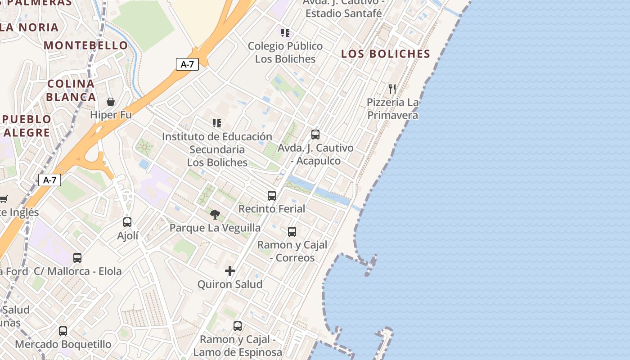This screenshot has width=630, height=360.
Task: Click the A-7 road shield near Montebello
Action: [x=187, y=64]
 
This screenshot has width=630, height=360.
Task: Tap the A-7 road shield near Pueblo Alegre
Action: [x=49, y=180]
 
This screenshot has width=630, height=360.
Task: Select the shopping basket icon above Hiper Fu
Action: [x=111, y=102]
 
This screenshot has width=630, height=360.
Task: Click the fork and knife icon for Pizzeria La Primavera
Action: [x=392, y=89]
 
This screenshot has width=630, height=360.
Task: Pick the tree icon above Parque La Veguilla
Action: [x=215, y=215]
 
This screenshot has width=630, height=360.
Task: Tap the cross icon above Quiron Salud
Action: [x=230, y=271]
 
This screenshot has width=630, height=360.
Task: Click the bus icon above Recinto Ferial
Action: [x=272, y=195]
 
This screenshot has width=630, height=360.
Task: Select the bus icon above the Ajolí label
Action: [x=127, y=222]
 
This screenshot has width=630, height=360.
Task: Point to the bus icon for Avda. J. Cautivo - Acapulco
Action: [x=315, y=134]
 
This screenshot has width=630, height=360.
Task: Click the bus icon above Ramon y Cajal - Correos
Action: [x=292, y=232]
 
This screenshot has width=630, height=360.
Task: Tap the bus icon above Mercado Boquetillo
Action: [x=63, y=331]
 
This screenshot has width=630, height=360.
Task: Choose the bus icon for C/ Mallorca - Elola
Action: [x=77, y=258]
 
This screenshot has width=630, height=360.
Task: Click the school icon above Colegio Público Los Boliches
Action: [x=285, y=32]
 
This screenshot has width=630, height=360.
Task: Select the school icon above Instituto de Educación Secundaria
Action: [x=217, y=123]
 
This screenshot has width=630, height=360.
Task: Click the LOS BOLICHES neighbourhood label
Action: [x=386, y=54]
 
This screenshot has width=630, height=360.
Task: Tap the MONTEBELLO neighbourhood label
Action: [x=86, y=45]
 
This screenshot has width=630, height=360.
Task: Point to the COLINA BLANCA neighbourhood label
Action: [x=71, y=90]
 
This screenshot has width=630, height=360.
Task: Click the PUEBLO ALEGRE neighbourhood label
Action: [x=27, y=126]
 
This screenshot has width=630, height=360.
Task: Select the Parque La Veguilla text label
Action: [x=215, y=228]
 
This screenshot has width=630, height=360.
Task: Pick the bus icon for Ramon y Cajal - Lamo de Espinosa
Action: [x=238, y=326]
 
